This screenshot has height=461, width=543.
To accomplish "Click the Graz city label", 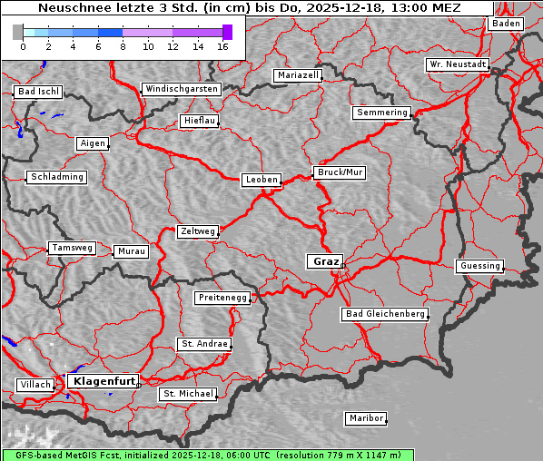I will [325, 261].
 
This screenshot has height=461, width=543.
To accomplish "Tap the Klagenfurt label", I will [104, 381].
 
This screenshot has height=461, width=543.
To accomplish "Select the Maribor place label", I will [366, 418].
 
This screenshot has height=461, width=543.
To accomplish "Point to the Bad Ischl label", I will [38, 92].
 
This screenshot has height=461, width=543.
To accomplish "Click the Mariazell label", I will [299, 75].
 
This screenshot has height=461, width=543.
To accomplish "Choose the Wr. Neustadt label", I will [458, 65].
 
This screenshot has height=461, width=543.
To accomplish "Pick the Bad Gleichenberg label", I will [385, 314].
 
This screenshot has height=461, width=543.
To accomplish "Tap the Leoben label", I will [262, 180].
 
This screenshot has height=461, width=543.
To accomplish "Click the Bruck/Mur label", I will [340, 172].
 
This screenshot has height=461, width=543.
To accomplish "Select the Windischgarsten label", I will [181, 89].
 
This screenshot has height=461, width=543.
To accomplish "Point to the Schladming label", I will [57, 177].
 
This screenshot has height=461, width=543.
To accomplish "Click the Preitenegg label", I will [222, 298].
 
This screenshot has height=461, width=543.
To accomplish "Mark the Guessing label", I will [479, 266].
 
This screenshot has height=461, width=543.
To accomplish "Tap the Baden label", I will [507, 24].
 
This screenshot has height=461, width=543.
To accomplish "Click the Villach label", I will [35, 385].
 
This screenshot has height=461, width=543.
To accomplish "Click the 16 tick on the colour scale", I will [222, 46].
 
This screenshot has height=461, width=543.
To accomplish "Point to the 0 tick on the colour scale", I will [23, 46].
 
